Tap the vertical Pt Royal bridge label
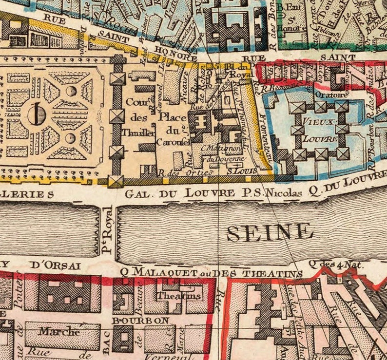pos(107,232)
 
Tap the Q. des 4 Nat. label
pos(330,264)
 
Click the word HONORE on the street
pos(176,56)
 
